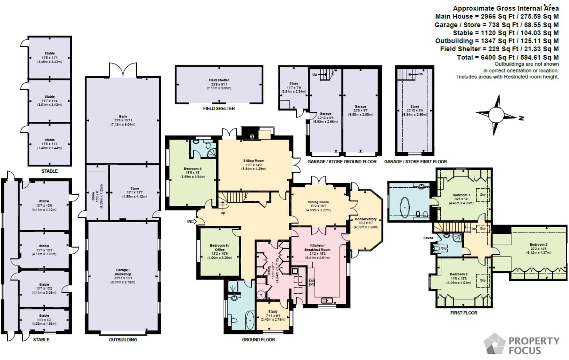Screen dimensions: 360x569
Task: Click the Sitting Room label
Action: (254, 161)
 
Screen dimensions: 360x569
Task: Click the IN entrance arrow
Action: (192, 221)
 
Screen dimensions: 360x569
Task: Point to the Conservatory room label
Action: (365, 219)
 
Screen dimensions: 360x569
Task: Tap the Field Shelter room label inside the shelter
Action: (219, 80)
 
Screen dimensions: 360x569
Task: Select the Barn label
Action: (123, 117)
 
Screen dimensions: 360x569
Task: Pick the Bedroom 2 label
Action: (538, 245)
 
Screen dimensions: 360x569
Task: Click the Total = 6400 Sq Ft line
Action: (508, 57)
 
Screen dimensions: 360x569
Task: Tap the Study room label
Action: (273, 312)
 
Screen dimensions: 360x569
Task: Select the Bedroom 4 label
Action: (192, 169)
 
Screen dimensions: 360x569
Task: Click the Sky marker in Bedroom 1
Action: (483, 195)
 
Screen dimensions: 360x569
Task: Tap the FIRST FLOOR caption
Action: (464, 313)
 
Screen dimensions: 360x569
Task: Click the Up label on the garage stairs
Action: (314, 75)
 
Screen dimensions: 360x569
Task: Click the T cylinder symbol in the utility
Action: (261, 295)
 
